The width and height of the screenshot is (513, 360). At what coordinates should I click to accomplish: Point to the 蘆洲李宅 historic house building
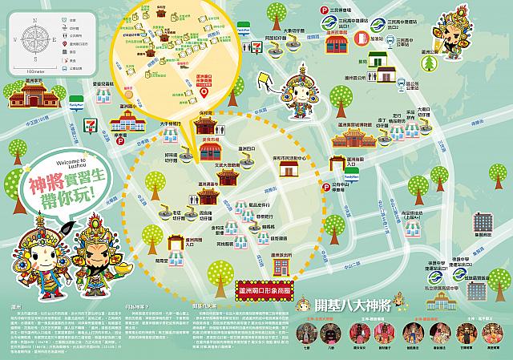pos(30,98)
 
